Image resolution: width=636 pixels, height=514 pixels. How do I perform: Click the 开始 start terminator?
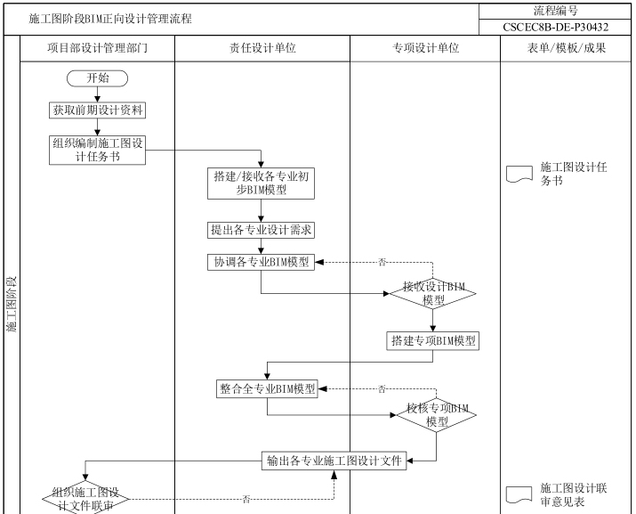click(98, 78)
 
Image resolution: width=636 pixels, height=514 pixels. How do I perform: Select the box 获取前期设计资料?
click(98, 110)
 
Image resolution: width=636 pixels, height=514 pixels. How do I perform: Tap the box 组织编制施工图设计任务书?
click(98, 150)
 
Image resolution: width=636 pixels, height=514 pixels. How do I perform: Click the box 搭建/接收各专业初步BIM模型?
click(261, 183)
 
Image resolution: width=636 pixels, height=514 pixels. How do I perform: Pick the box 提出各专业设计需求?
click(261, 230)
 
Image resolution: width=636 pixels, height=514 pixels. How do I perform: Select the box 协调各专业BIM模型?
click(261, 262)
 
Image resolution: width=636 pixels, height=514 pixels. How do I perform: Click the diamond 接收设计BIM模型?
click(433, 293)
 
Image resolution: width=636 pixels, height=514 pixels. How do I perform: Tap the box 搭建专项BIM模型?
click(433, 340)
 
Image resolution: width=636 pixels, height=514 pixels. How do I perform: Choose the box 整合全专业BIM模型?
click(267, 388)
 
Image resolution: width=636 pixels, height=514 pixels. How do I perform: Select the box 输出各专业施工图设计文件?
click(334, 461)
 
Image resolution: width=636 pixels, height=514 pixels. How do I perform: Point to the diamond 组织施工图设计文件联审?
click(85, 498)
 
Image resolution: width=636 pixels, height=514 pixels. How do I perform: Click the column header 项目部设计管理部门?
click(97, 48)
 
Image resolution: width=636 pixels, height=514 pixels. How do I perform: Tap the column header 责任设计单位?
click(262, 48)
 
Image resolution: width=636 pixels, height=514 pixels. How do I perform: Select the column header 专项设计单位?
click(425, 48)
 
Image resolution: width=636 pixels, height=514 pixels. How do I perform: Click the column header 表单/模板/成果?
click(566, 48)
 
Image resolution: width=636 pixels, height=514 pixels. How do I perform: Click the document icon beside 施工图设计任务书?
click(519, 174)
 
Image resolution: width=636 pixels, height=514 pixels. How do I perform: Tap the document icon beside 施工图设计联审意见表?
click(519, 494)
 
